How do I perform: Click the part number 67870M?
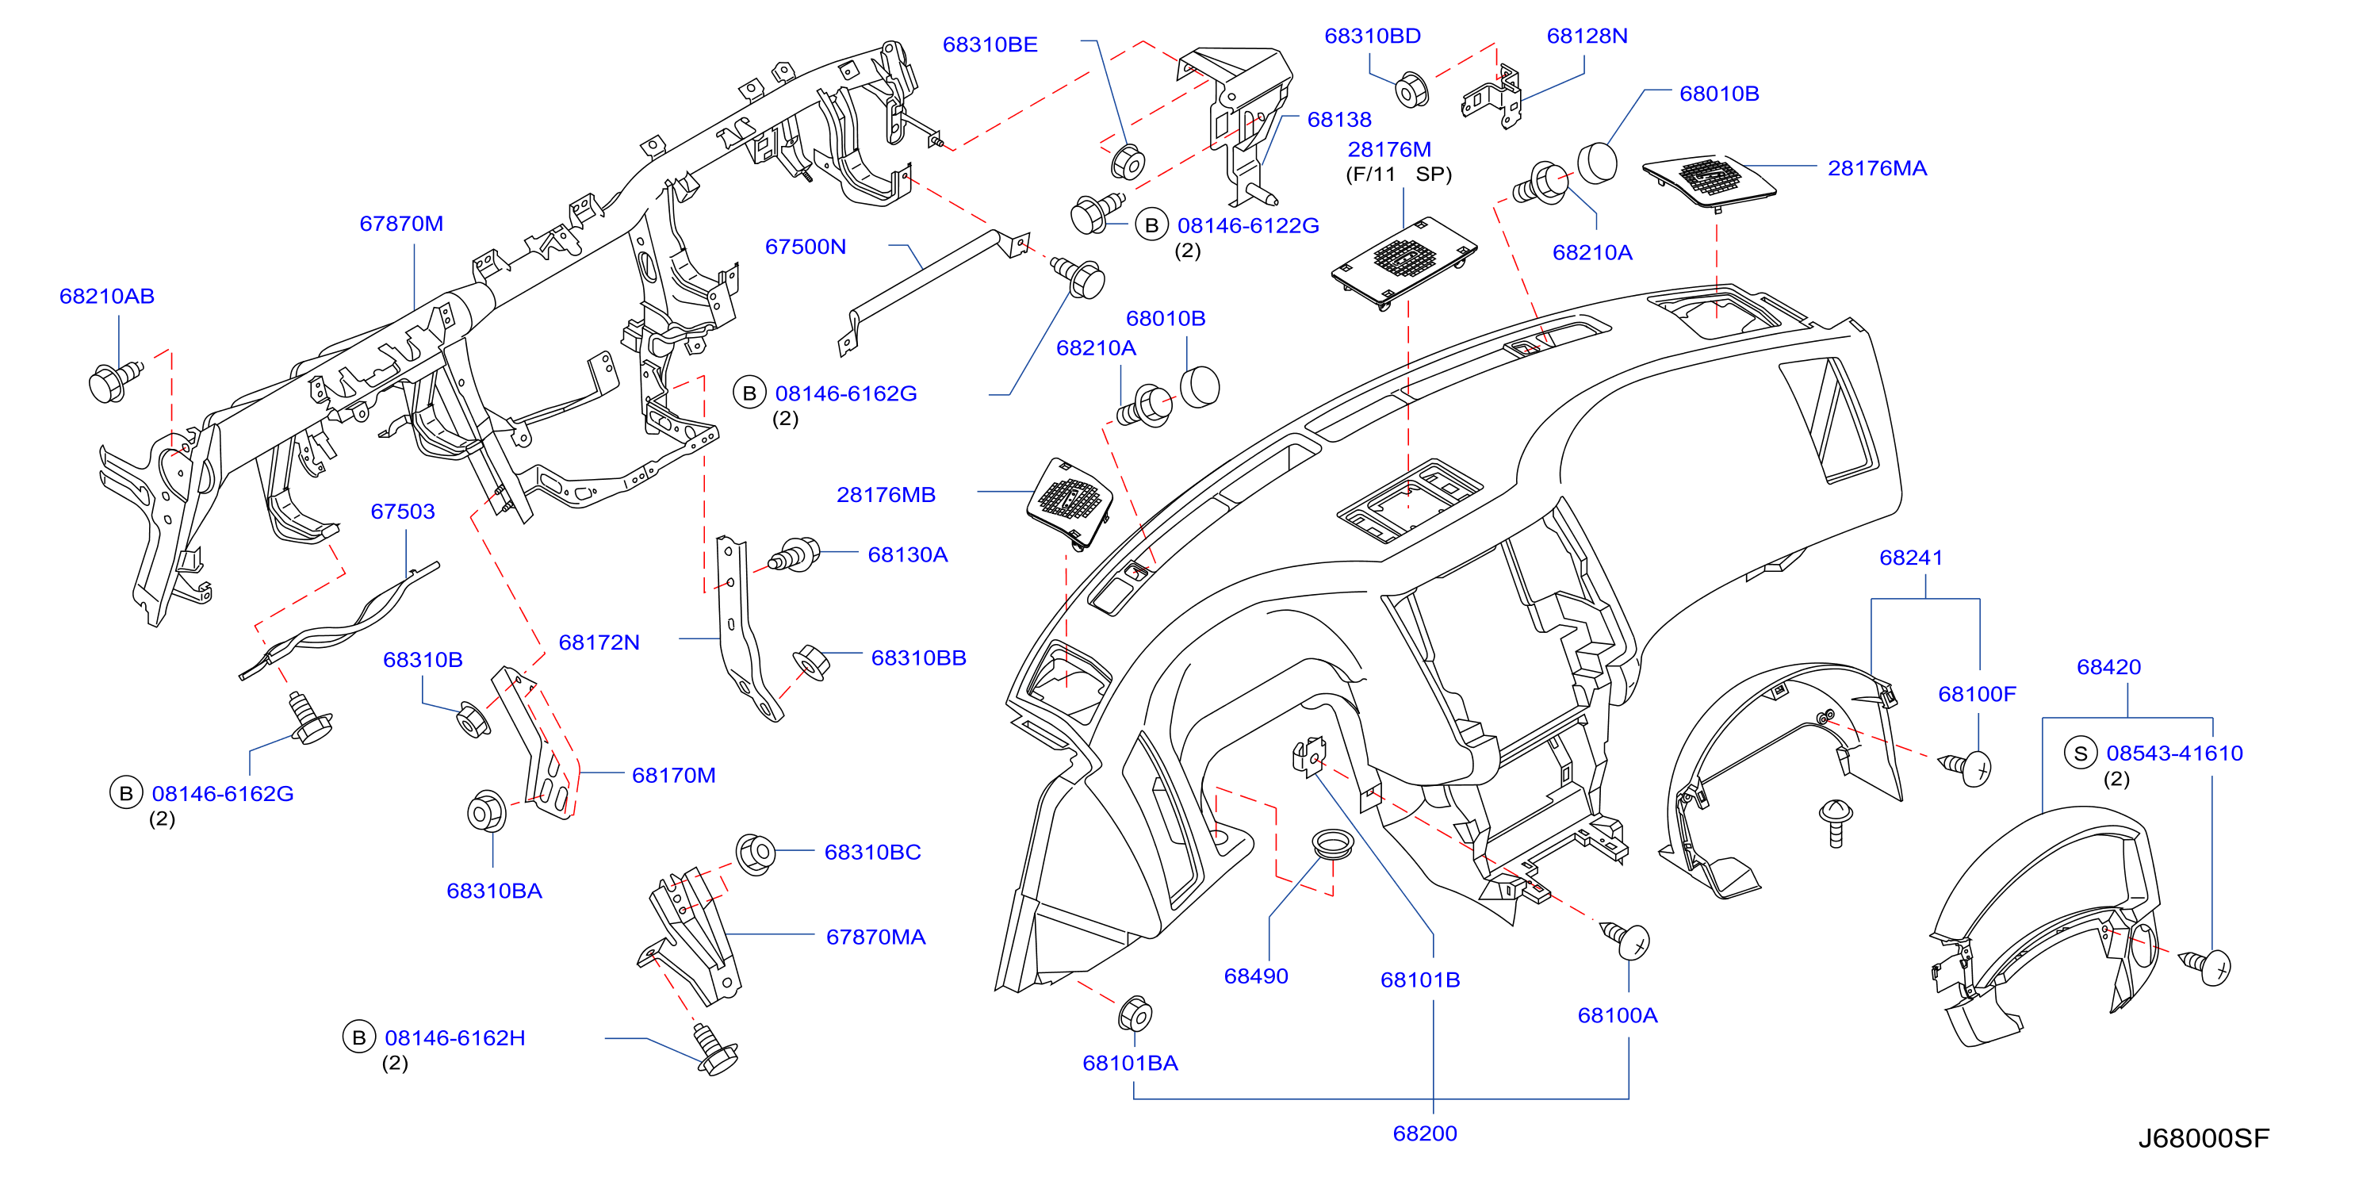(401, 224)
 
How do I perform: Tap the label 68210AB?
(107, 297)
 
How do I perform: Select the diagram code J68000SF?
(2204, 1138)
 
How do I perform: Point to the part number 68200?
(1424, 1133)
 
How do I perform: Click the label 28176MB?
(886, 495)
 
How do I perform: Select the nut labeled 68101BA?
(1135, 1014)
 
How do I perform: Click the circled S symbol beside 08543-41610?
(2081, 753)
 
